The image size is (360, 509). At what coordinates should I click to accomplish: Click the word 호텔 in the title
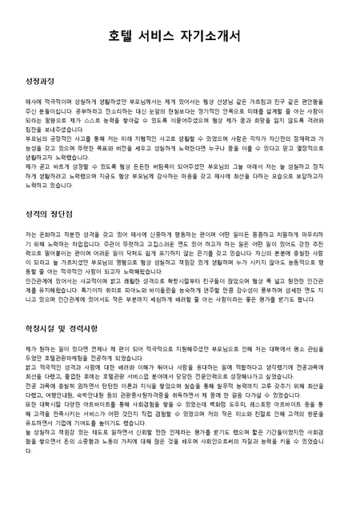[x=122, y=35]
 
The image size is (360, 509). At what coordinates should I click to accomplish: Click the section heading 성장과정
[x=41, y=82]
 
